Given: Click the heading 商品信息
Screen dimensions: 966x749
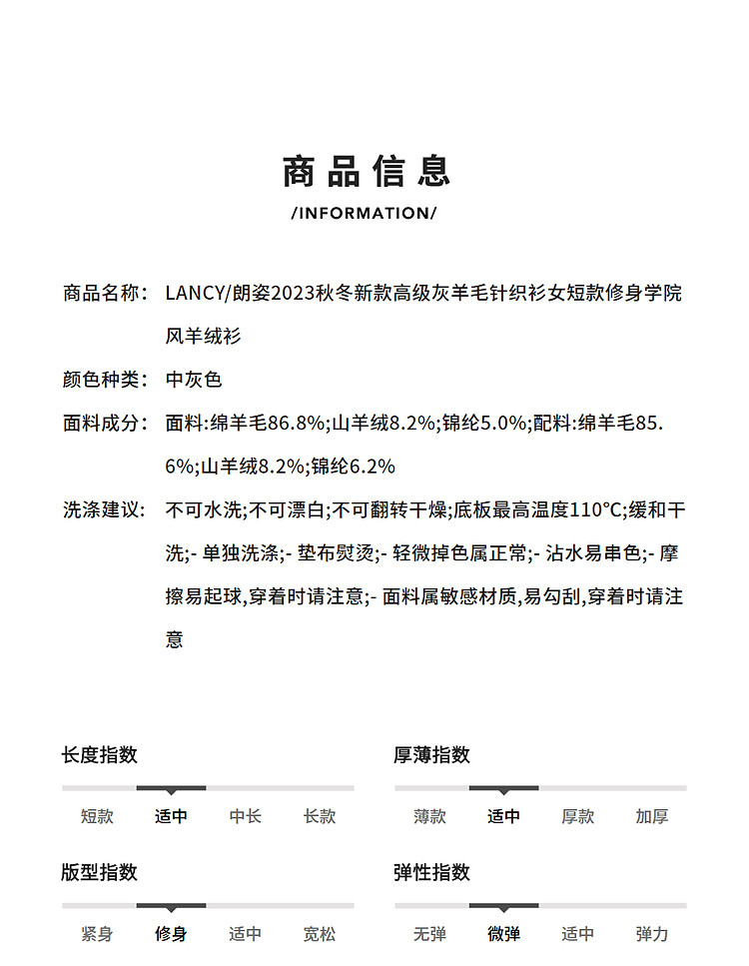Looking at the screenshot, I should [x=367, y=171].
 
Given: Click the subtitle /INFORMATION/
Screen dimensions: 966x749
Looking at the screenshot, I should [x=365, y=213].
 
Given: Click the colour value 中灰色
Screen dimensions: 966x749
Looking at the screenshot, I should [x=194, y=380].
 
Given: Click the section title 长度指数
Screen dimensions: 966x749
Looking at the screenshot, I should [x=99, y=755].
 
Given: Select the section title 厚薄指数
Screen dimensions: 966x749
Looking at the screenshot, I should [x=431, y=755].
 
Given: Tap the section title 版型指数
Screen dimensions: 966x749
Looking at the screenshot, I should [x=99, y=872].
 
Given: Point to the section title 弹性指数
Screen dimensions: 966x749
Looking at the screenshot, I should [x=431, y=872].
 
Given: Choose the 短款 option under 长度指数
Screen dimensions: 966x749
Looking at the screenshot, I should [x=97, y=816].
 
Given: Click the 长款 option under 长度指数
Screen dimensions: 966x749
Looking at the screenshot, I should [x=320, y=816].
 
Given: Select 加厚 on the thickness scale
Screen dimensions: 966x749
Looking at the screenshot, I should [x=652, y=816].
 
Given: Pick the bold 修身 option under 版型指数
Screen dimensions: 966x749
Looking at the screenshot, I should [x=171, y=934].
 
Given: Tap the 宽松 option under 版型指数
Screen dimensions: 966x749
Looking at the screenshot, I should [x=320, y=934].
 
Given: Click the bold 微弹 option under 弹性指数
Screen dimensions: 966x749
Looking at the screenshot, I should [x=503, y=934].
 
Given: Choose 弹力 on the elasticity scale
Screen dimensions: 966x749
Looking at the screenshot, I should [x=652, y=934].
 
